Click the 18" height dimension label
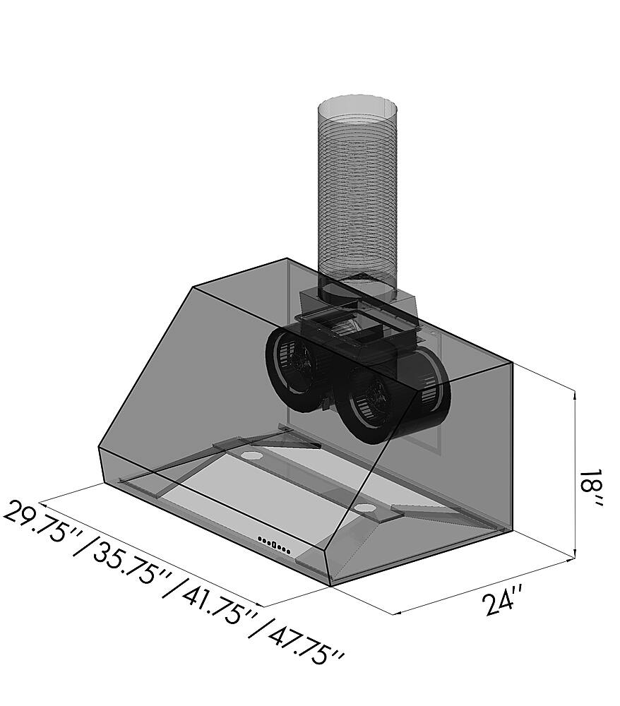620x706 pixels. click(x=590, y=491)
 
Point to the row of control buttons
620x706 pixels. click(x=274, y=546)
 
